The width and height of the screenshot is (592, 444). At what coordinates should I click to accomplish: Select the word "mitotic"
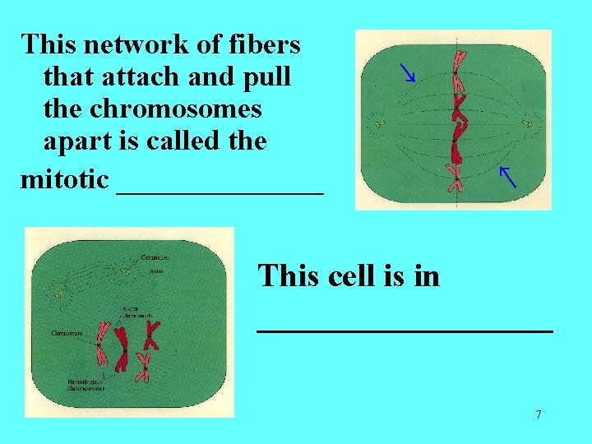63,178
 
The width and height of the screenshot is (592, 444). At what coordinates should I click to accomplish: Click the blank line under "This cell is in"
405,329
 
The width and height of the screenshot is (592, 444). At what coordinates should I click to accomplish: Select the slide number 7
539,414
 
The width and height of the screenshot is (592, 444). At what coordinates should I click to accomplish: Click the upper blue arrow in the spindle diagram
406,73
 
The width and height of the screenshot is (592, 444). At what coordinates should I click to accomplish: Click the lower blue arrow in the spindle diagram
507,176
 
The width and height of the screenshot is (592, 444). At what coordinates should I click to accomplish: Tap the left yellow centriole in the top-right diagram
379,124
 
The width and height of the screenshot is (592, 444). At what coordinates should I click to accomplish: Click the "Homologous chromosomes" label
86,386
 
